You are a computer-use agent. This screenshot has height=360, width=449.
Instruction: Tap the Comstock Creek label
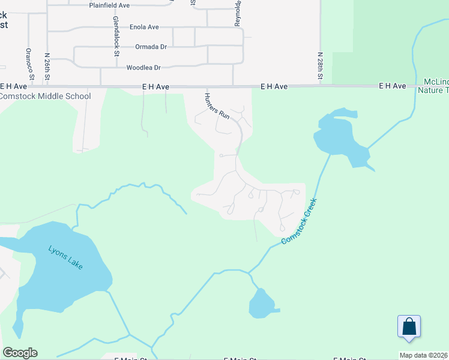[x=299, y=221]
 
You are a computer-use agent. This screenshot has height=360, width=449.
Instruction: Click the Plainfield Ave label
[x=109, y=5]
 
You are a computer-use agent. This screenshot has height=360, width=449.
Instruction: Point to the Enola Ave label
[x=144, y=27]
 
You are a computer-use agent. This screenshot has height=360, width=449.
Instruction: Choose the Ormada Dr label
[x=150, y=46]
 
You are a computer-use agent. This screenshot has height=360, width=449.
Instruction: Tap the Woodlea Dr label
[x=144, y=68]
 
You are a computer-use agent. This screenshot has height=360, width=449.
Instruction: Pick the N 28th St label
[x=321, y=66]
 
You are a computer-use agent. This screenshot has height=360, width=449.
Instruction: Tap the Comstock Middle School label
[x=46, y=96]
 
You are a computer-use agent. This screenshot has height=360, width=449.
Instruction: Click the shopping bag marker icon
[x=409, y=327]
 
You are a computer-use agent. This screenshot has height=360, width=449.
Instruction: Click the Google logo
[x=20, y=353]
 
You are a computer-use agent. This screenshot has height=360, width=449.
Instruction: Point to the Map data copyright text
[x=424, y=355]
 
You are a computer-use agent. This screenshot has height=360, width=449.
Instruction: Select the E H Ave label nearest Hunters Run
[x=155, y=87]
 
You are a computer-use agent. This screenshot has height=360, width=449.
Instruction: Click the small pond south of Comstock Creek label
[x=261, y=304]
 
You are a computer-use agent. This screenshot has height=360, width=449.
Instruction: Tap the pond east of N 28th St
[x=339, y=137]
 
